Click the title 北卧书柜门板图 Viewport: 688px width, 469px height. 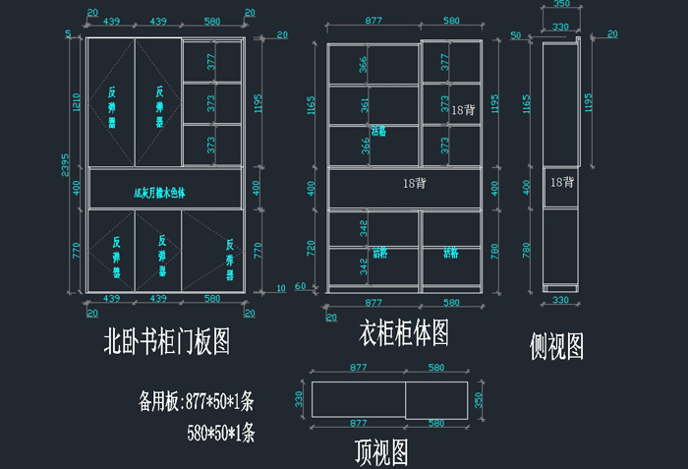pyautogui.click(x=166, y=341)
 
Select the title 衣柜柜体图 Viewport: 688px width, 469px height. pyautogui.click(x=405, y=333)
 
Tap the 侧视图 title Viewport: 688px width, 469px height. pyautogui.click(x=556, y=345)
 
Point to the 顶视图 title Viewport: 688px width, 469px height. pyautogui.click(x=380, y=451)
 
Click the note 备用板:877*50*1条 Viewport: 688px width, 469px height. pyautogui.click(x=196, y=401)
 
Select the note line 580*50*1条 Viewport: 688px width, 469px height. pyautogui.click(x=220, y=432)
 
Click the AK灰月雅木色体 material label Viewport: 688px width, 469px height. pyautogui.click(x=165, y=193)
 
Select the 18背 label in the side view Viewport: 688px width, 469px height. pyautogui.click(x=562, y=183)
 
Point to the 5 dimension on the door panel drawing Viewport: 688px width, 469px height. pyautogui.click(x=68, y=34)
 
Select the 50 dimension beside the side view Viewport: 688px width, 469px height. pyautogui.click(x=515, y=36)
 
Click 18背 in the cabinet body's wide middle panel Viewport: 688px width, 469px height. pyautogui.click(x=414, y=183)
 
